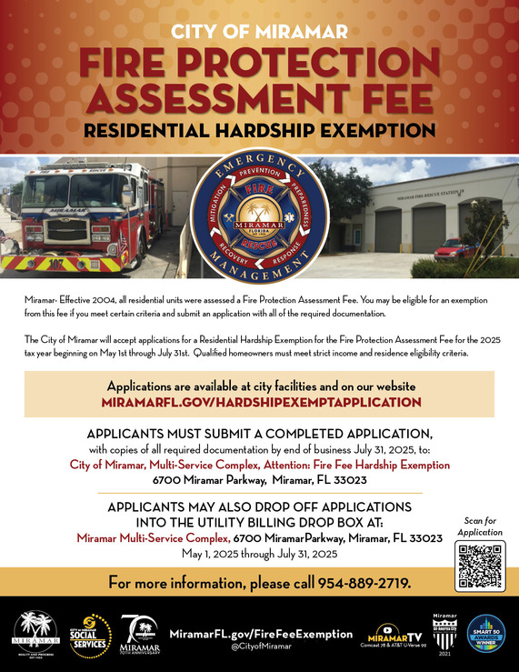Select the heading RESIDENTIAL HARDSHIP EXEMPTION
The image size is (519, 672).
(x=259, y=130)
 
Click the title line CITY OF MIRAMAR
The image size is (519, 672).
(x=259, y=32)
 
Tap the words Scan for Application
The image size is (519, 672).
(x=479, y=526)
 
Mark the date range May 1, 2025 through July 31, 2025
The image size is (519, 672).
(x=259, y=553)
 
